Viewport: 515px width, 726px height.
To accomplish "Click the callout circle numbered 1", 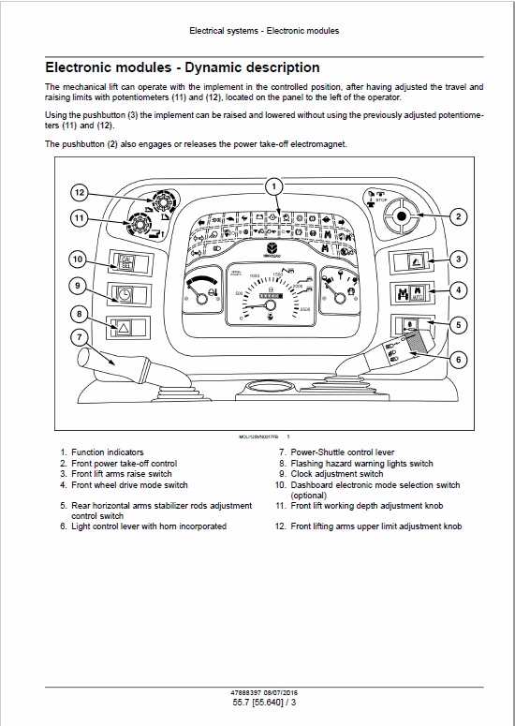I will (273, 185).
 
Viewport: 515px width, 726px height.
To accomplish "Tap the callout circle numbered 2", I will (458, 216).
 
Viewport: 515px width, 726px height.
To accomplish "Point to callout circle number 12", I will (80, 193).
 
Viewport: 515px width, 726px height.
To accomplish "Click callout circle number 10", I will (80, 259).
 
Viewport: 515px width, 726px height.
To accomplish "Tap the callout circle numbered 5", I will (458, 324).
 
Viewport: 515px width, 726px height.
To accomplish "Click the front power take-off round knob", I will (402, 216).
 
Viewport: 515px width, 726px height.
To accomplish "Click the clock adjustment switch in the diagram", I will (124, 293).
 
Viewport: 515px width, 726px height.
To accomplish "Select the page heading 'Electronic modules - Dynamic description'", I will (183, 67).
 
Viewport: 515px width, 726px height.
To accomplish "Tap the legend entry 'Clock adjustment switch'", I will (336, 474).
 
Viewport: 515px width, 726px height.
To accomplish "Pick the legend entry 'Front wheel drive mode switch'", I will (129, 485).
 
